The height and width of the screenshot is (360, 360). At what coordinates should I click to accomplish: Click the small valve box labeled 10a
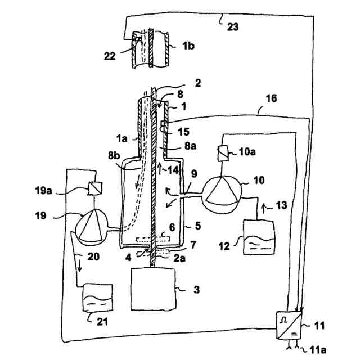point(222,151)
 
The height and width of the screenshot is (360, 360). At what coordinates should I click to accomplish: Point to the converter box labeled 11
point(288,326)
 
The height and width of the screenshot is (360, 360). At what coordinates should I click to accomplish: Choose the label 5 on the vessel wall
point(198,227)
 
